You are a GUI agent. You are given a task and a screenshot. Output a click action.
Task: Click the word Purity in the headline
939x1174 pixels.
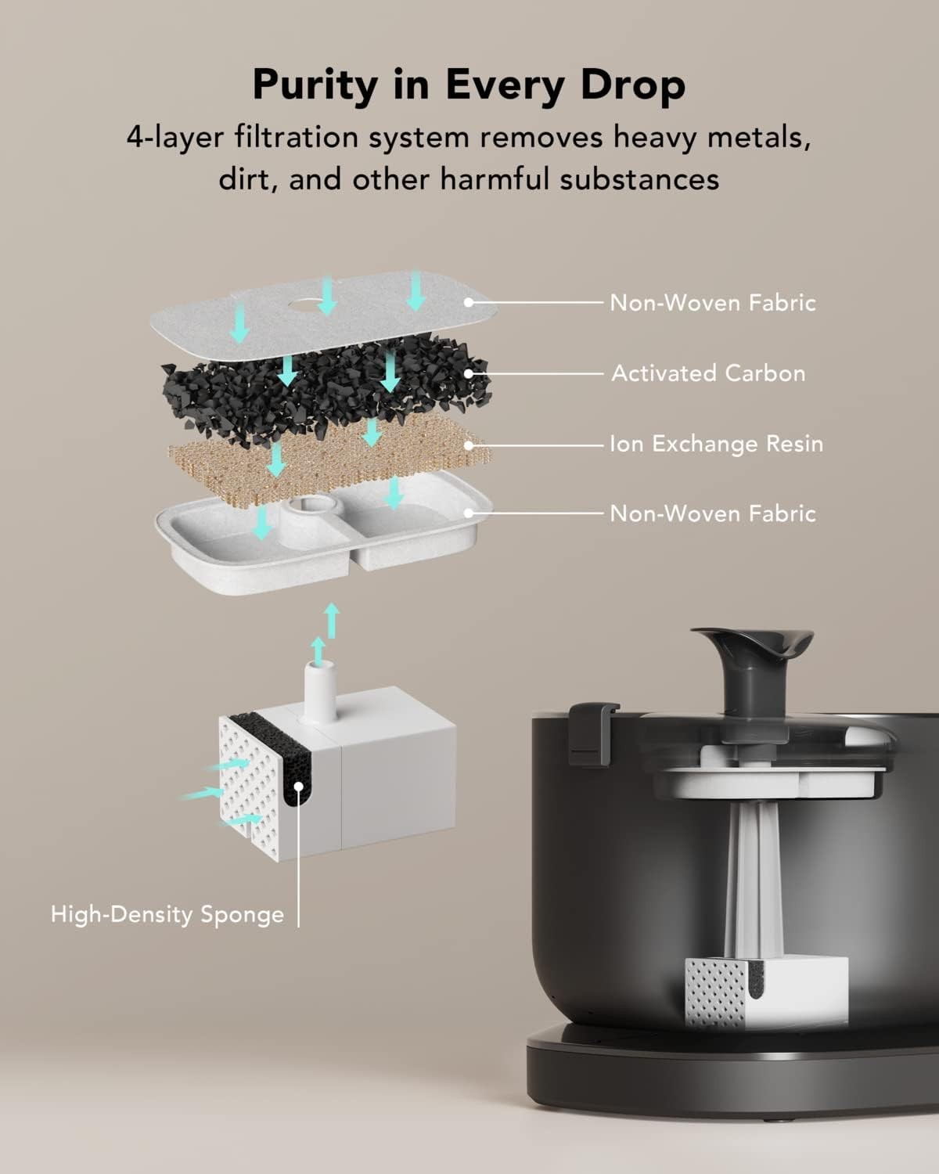(315, 85)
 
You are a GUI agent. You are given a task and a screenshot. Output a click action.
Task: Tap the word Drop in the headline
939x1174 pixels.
(632, 85)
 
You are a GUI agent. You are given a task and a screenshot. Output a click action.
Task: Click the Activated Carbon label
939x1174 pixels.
(708, 373)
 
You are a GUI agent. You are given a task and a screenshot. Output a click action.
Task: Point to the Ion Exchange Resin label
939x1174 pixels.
(716, 444)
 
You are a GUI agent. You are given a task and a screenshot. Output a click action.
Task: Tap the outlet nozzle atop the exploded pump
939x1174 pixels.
(318, 691)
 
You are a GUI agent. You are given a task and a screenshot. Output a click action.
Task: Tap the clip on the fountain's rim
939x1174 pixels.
(592, 733)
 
